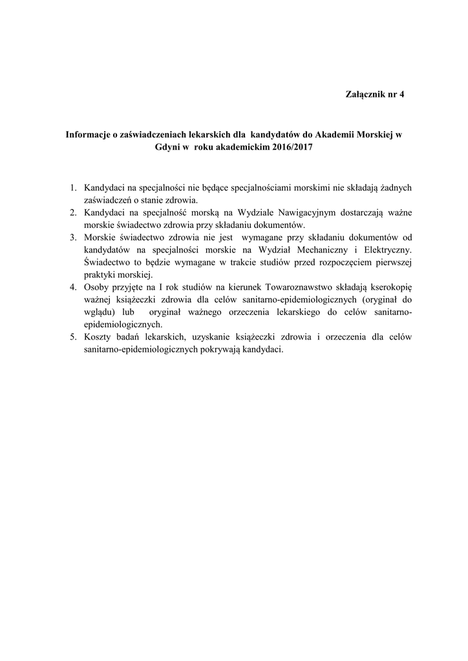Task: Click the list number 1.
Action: (x=73, y=188)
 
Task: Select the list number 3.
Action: (x=73, y=237)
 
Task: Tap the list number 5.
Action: (x=73, y=336)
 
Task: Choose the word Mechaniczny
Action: (x=330, y=249)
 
